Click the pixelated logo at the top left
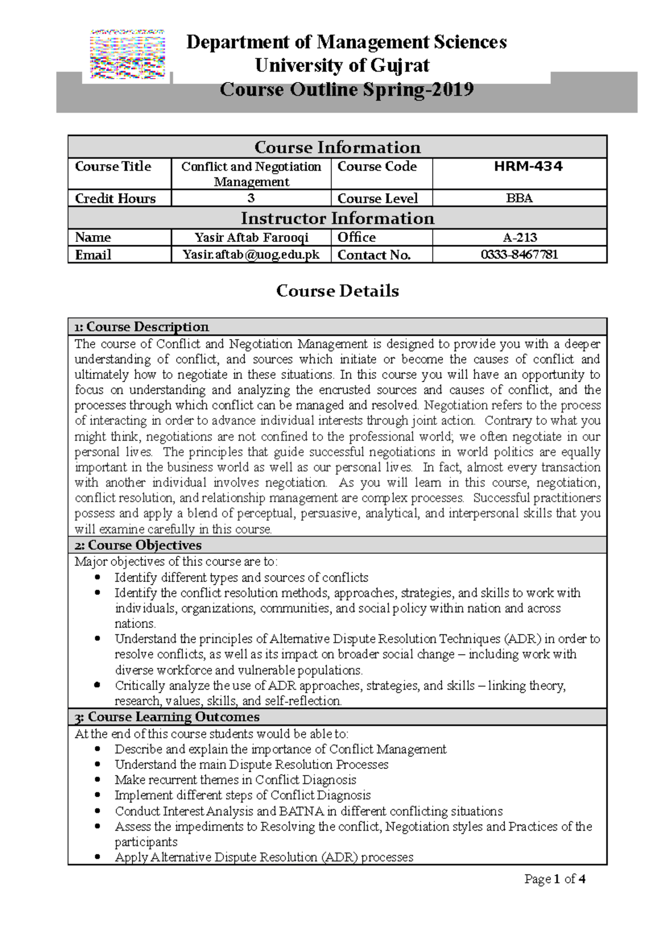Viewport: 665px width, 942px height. click(127, 54)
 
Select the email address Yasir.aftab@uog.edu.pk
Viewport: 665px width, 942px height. click(251, 255)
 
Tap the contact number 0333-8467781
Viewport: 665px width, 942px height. click(519, 255)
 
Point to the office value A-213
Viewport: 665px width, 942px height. click(519, 237)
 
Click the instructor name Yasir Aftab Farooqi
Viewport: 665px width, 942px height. click(251, 237)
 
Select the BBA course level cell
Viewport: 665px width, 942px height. click(519, 198)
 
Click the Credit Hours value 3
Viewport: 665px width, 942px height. click(251, 198)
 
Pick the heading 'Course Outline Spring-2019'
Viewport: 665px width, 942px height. click(346, 89)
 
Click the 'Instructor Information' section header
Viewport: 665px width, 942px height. click(337, 218)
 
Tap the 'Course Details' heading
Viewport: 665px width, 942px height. click(337, 291)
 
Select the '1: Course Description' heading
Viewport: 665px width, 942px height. click(142, 327)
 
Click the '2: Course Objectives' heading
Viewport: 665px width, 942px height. click(138, 545)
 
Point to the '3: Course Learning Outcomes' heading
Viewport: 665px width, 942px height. click(167, 717)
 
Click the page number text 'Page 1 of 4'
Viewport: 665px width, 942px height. click(555, 879)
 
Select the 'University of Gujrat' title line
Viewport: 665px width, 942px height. click(342, 65)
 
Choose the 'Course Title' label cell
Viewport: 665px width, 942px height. click(113, 166)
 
